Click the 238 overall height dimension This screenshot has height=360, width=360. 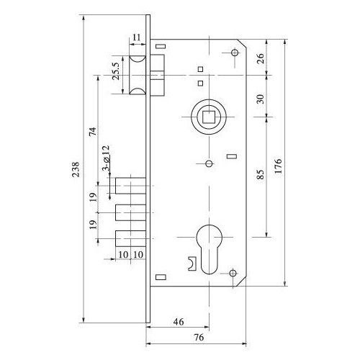(76, 169)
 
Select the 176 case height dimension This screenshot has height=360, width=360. (278, 166)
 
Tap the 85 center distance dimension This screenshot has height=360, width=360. (261, 174)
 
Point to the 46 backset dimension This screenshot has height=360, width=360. (179, 322)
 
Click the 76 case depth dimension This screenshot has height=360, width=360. (199, 337)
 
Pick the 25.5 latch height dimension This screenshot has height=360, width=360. (116, 71)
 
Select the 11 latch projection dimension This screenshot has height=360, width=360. (136, 37)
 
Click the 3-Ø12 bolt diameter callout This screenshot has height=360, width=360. (106, 158)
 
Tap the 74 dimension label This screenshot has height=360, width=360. (93, 132)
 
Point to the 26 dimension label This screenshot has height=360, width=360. (261, 58)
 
